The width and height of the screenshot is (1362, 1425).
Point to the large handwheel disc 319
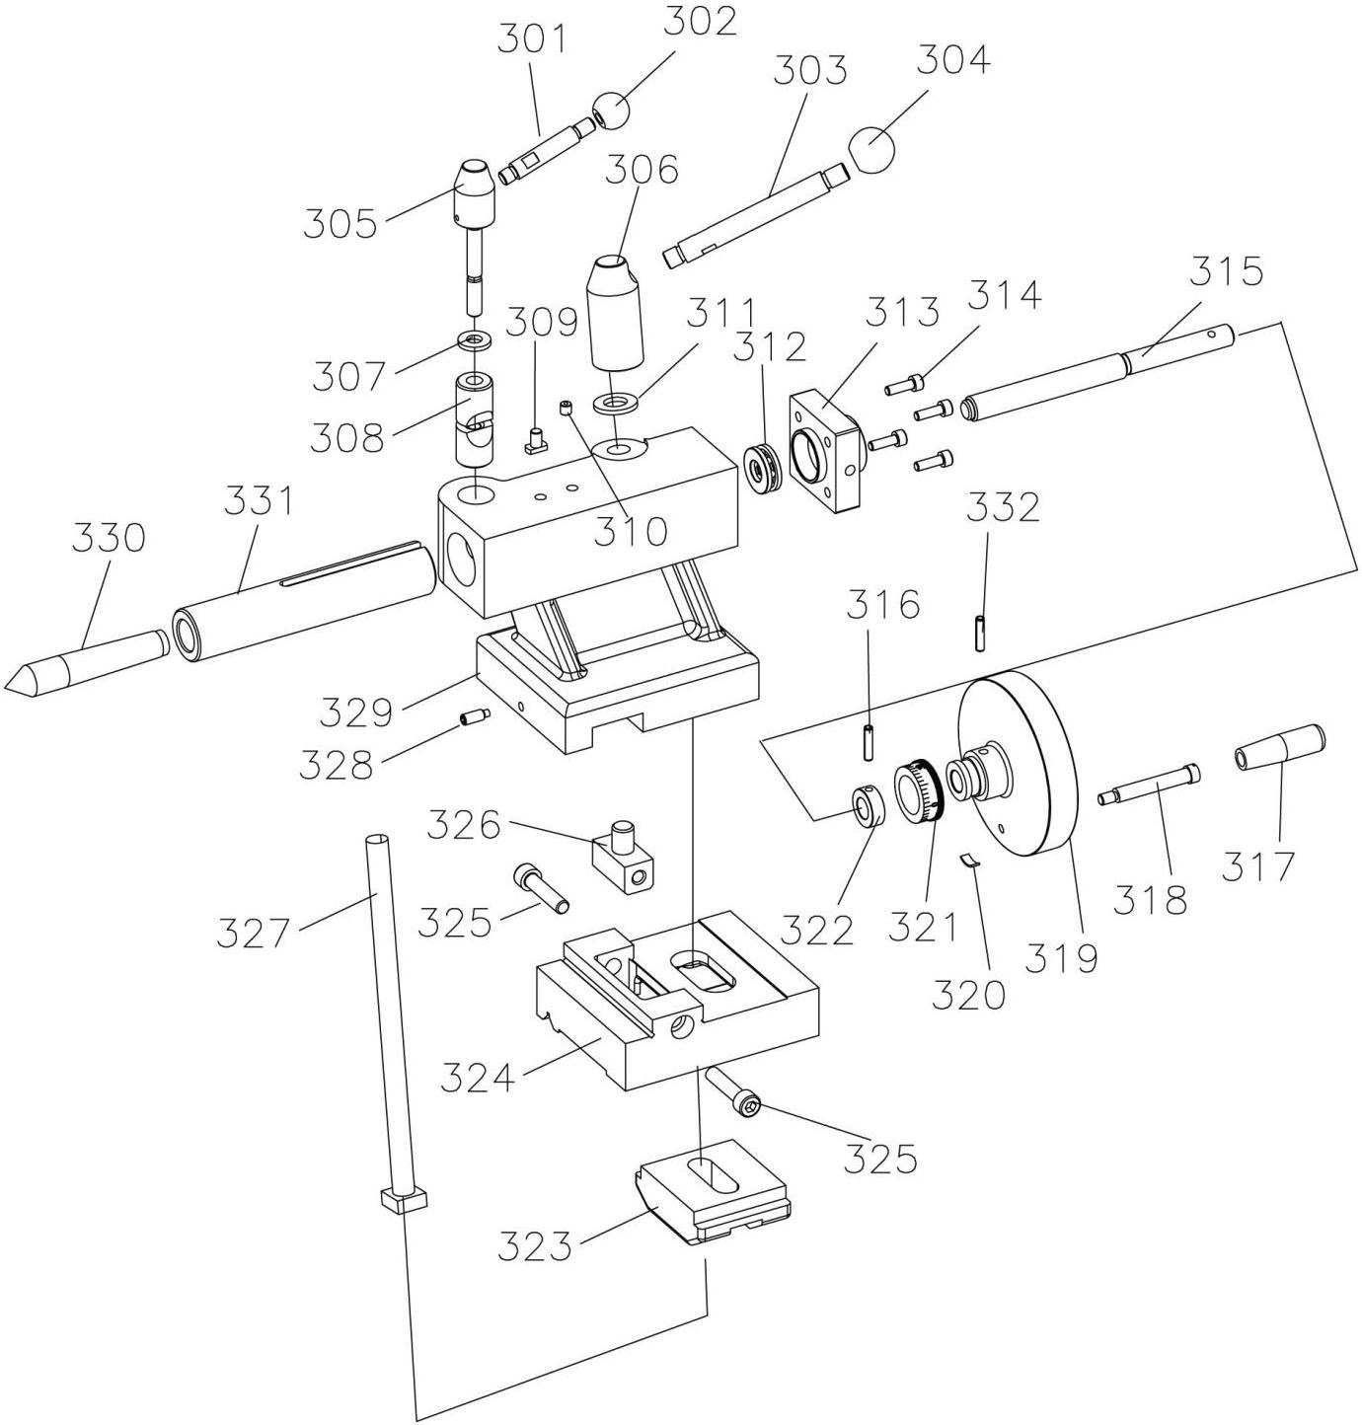coord(1018,765)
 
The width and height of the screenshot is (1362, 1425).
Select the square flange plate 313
coord(825,453)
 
